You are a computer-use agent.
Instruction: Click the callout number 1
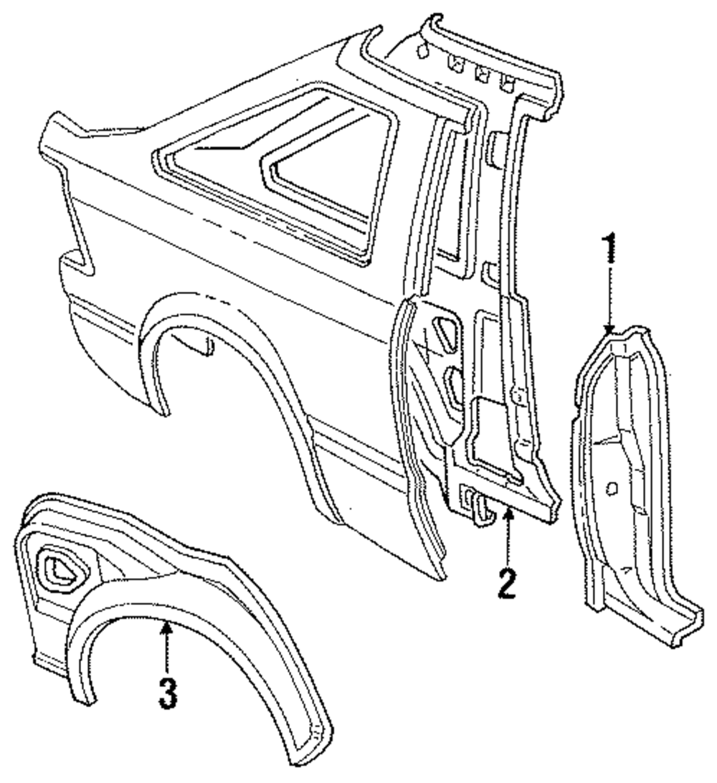[x=609, y=248]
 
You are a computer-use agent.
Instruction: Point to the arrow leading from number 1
[x=609, y=301]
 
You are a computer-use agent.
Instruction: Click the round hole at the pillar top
[x=424, y=49]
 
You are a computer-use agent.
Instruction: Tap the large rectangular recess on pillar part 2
[x=495, y=430]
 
